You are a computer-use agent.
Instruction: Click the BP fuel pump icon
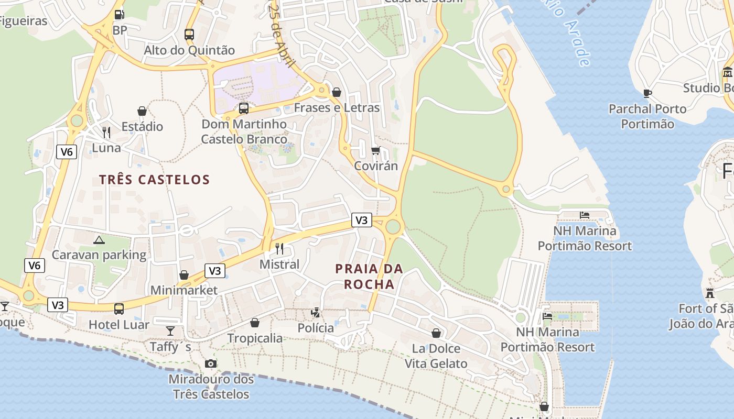[120, 15]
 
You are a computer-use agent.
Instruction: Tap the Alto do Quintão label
[189, 50]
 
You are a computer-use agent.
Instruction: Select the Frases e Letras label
[337, 108]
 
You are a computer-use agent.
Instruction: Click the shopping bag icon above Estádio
[142, 111]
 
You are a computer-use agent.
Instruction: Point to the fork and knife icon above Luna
[106, 132]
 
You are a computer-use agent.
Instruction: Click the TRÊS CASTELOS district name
[155, 180]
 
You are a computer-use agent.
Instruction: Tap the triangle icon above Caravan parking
[99, 240]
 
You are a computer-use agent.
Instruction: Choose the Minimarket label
[184, 290]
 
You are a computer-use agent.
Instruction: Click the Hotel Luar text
[119, 325]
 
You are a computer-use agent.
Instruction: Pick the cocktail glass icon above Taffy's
[170, 330]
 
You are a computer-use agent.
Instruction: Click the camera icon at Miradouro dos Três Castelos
[210, 363]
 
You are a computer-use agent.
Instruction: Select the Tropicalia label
[255, 338]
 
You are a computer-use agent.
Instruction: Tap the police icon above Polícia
[316, 313]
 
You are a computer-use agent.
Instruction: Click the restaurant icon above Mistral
[279, 248]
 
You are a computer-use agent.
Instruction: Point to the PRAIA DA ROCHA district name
[369, 277]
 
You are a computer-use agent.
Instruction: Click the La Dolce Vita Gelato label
[436, 356]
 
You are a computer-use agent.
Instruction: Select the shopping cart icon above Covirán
[375, 151]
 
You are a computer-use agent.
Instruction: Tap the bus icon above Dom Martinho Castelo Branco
[244, 108]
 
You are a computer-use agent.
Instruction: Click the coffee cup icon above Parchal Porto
[647, 94]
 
